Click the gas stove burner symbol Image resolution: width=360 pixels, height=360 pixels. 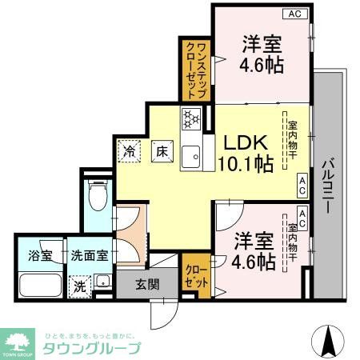(192, 118)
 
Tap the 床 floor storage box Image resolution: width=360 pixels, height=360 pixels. (161, 149)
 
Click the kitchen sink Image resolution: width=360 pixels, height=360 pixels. (191, 158)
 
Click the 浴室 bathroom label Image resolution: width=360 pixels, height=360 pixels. (41, 256)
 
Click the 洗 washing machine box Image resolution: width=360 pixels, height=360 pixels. (81, 285)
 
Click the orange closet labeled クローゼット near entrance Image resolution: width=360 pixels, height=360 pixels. (196, 275)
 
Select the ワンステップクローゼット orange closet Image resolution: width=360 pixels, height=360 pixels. (196, 71)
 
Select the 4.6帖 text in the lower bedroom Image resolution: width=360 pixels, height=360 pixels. (255, 261)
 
